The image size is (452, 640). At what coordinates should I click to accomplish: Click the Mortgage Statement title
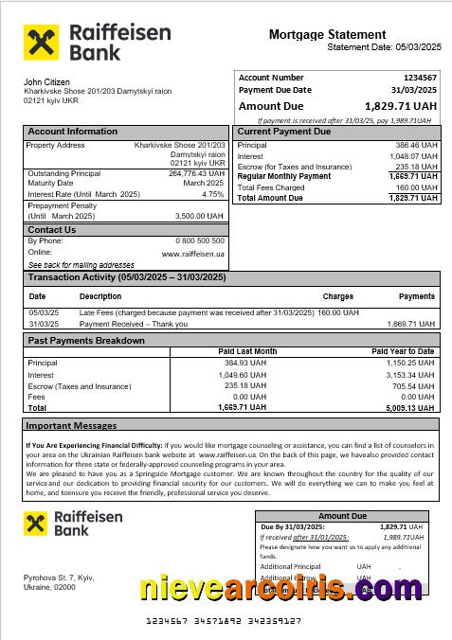327,34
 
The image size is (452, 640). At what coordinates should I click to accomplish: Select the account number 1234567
419,78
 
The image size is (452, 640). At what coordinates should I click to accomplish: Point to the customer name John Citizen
46,82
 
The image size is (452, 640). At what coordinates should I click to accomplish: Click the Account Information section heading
73,132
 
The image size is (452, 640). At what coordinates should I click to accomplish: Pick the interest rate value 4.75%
213,194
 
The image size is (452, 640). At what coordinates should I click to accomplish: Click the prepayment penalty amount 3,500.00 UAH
200,216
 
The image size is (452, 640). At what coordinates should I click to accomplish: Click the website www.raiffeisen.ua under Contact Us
193,254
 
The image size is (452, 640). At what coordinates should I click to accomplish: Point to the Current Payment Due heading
283,132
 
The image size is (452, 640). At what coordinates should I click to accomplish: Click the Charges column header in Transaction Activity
337,296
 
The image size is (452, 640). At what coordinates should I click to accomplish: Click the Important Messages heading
71,426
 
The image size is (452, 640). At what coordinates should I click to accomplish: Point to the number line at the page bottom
226,621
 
